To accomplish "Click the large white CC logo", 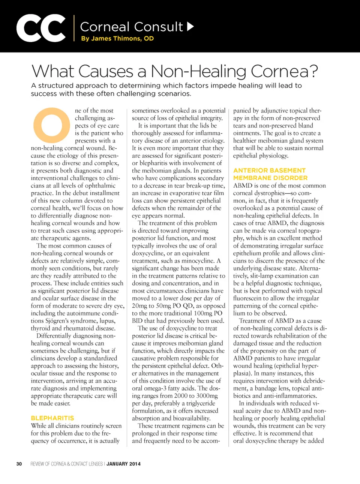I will [x=41, y=28].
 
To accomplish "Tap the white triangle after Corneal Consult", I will [x=190, y=26].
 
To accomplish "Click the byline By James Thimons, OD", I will [x=117, y=38].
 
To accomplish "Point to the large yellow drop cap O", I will [x=52, y=125].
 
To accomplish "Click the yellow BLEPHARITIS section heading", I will [x=52, y=418].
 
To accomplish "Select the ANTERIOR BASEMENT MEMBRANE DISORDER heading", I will [x=270, y=174].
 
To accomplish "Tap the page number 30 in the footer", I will [x=19, y=464].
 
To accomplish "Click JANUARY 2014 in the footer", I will [x=123, y=464].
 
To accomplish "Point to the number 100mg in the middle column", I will [x=203, y=313].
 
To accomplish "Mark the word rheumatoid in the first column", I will [x=80, y=328].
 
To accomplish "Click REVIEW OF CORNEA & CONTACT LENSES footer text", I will [x=66, y=464].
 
